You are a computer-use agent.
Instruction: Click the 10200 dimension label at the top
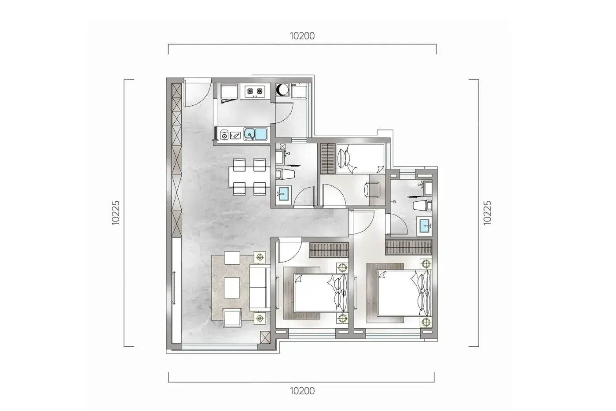(x=302, y=36)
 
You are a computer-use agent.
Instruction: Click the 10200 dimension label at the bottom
(x=302, y=391)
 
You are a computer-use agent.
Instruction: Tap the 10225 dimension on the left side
(x=116, y=213)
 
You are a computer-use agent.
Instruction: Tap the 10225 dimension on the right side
(x=487, y=213)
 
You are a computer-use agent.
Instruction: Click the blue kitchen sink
(x=256, y=134)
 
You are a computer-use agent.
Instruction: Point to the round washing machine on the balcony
(x=282, y=90)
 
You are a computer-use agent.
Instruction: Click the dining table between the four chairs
(x=249, y=177)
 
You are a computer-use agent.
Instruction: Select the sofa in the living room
(x=260, y=287)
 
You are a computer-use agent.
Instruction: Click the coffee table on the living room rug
(x=232, y=288)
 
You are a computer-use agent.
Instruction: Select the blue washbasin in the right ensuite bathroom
(x=424, y=226)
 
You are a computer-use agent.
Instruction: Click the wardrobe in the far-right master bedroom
(x=408, y=247)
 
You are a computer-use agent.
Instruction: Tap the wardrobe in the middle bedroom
(x=329, y=250)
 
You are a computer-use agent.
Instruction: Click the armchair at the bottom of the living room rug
(x=232, y=318)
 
